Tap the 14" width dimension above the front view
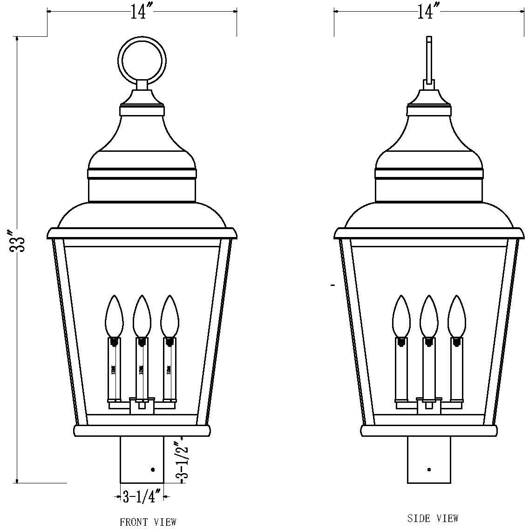pyautogui.click(x=138, y=12)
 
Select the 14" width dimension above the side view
pyautogui.click(x=425, y=12)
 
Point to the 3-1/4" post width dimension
pyautogui.click(x=142, y=497)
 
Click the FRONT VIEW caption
pyautogui.click(x=148, y=522)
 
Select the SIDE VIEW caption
pyautogui.click(x=433, y=518)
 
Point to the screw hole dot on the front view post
pyautogui.click(x=153, y=470)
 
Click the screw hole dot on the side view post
pyautogui.click(x=429, y=470)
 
